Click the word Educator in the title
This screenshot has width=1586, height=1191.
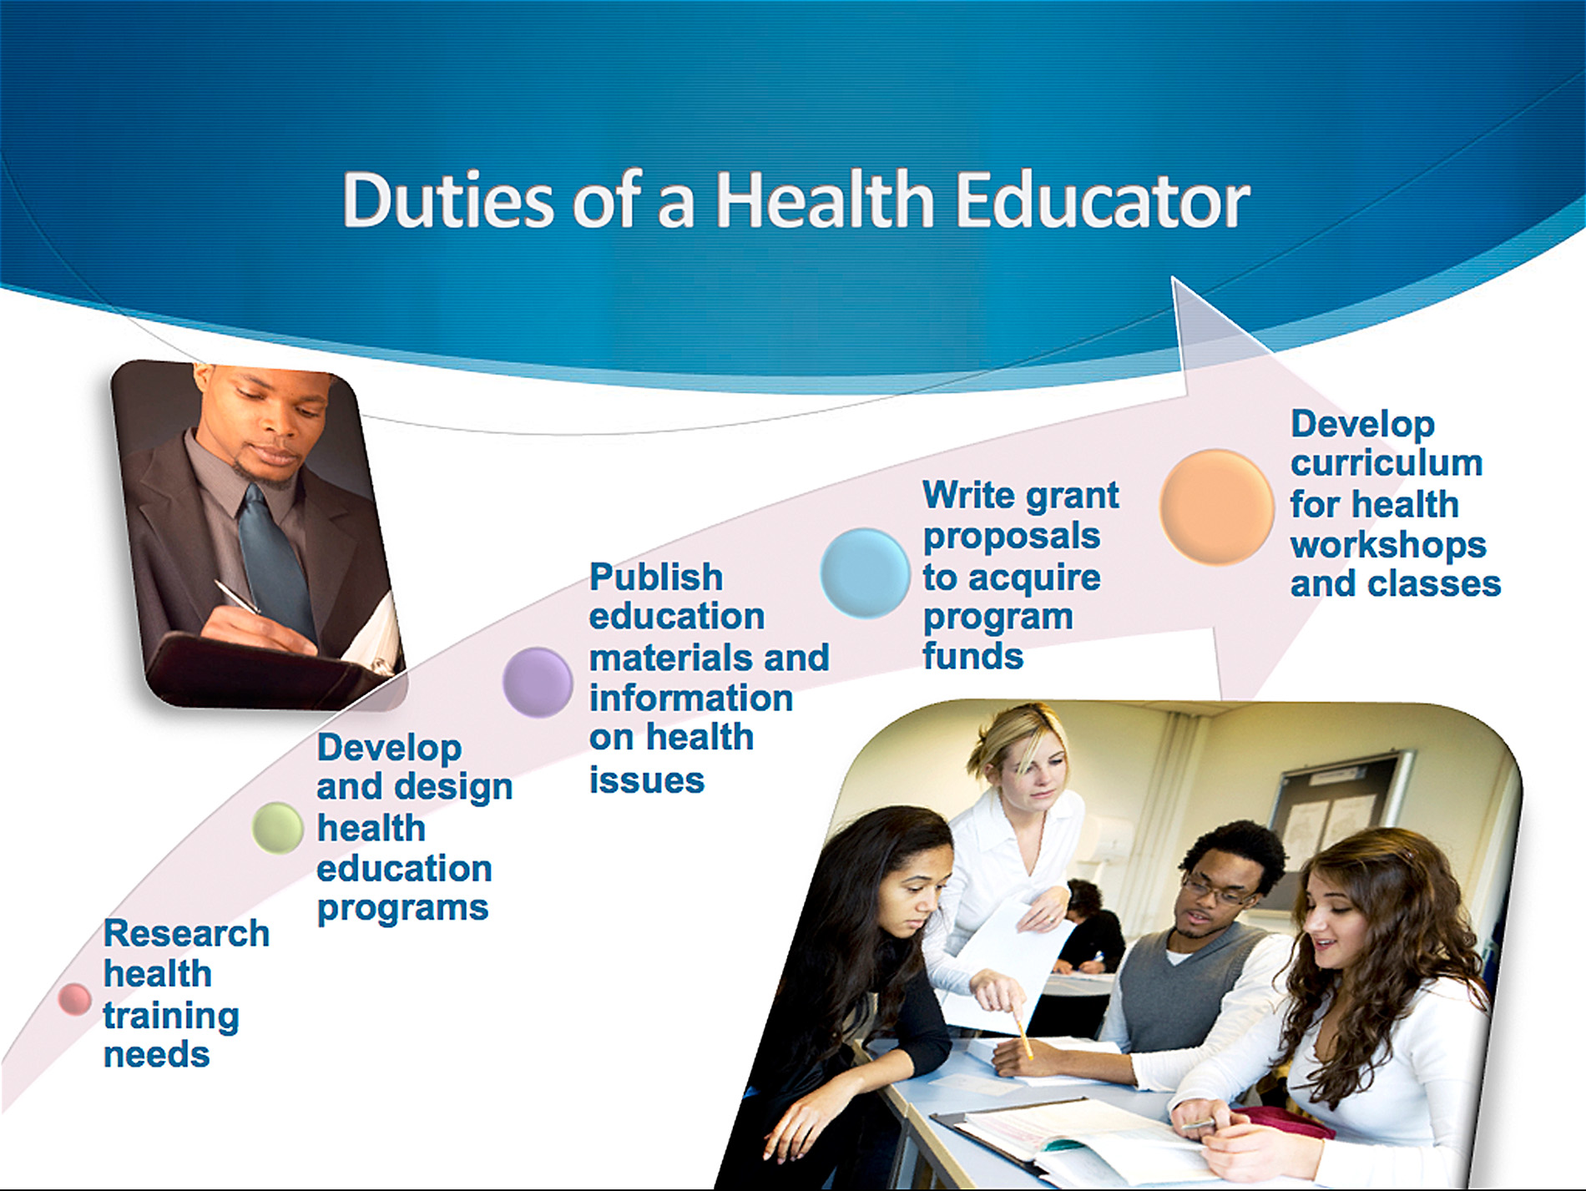click(x=1102, y=200)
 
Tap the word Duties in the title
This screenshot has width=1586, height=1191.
click(x=448, y=200)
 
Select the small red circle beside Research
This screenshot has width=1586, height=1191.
click(x=74, y=998)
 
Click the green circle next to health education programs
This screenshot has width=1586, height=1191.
click(x=277, y=827)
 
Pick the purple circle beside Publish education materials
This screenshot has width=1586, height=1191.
click(x=538, y=682)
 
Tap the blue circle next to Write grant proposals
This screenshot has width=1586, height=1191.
click(x=865, y=573)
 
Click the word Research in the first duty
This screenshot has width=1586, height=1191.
click(x=186, y=933)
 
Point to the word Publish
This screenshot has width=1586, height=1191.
click(x=656, y=577)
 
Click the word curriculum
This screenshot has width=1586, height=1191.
click(x=1386, y=463)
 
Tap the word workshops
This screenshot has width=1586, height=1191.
click(x=1388, y=546)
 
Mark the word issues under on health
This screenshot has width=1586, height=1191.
click(x=647, y=780)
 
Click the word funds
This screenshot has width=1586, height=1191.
click(x=972, y=656)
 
